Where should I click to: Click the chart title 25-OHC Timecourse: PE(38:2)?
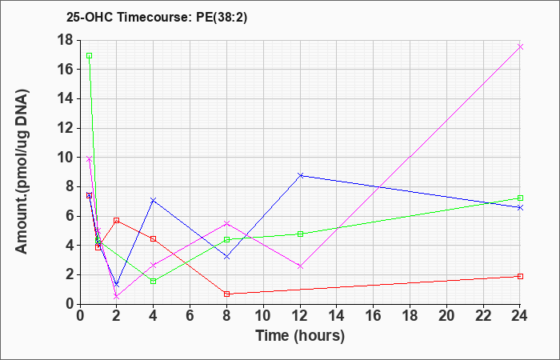click(x=157, y=18)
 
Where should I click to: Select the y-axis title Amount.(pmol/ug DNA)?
click(x=22, y=171)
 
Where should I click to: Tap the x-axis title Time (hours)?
click(x=300, y=336)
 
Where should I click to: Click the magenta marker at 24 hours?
click(x=520, y=46)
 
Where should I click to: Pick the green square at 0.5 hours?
click(x=90, y=56)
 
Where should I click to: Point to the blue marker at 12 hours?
click(x=300, y=175)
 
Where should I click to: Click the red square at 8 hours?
click(x=226, y=294)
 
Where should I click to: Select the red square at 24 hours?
click(x=520, y=277)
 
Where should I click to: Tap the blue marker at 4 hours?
click(x=154, y=200)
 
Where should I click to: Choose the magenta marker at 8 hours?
click(x=226, y=223)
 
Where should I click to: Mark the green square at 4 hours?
click(x=154, y=282)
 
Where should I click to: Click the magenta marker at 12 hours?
click(x=300, y=266)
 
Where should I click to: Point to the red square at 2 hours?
click(x=117, y=220)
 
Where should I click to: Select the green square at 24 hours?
click(x=520, y=198)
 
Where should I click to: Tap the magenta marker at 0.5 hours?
click(x=90, y=159)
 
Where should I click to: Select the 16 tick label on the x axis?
click(x=374, y=316)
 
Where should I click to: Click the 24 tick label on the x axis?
click(x=520, y=316)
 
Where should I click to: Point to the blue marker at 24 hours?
click(x=520, y=207)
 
